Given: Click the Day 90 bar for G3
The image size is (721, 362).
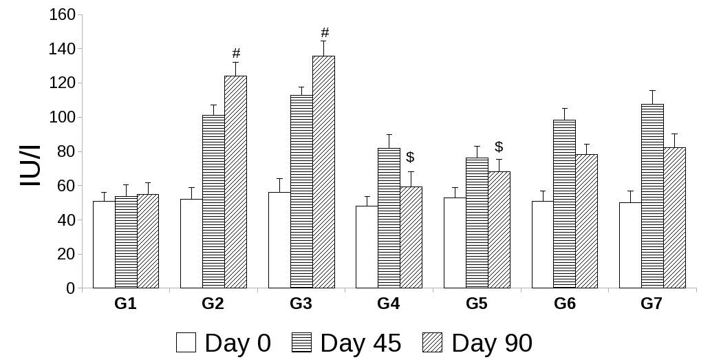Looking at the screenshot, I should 323,172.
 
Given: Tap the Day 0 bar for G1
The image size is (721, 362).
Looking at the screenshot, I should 104,244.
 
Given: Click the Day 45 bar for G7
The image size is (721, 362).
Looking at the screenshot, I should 652,196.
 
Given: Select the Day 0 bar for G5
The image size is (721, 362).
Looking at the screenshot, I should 455,243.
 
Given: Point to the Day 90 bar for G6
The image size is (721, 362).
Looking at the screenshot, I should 586,221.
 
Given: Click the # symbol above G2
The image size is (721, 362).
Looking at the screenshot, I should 236,53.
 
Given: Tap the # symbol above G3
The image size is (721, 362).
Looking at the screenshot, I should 325,32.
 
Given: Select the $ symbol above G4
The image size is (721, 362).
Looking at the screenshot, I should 411,157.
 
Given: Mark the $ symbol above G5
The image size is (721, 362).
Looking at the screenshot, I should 499,147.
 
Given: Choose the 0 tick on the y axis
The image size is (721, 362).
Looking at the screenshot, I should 70,288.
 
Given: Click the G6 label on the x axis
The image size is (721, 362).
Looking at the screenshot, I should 564,304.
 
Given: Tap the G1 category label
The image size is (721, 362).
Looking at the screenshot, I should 125,304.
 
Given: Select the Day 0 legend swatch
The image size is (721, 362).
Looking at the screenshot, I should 186,342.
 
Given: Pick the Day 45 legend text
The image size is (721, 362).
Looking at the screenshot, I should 360,343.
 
